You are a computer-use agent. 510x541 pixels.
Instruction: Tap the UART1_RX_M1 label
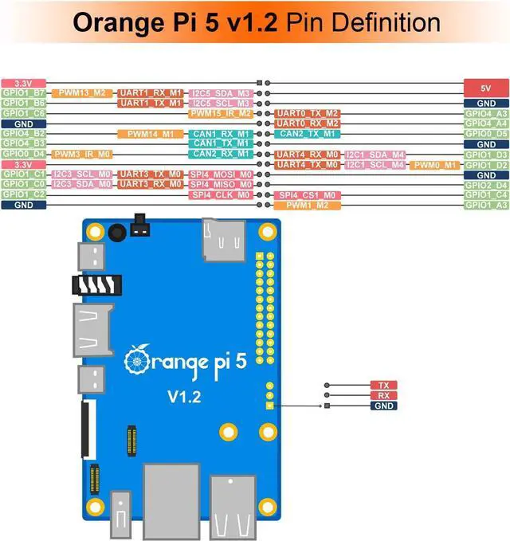[x=151, y=93]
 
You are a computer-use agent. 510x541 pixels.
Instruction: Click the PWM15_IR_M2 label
[x=221, y=114]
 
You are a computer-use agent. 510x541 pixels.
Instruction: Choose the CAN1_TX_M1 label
[x=221, y=143]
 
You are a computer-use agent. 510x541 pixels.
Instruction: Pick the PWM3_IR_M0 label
[x=83, y=154]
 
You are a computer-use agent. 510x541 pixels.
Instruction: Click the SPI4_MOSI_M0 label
[x=221, y=174]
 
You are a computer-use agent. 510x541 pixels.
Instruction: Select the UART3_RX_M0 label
[x=151, y=184]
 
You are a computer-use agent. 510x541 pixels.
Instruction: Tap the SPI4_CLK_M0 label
[x=221, y=194]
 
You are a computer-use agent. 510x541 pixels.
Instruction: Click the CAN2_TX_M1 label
[x=308, y=133]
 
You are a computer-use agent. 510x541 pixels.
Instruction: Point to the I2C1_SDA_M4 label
[x=375, y=154]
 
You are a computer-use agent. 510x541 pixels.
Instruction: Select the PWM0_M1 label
[x=435, y=165]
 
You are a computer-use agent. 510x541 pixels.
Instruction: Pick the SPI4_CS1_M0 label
[x=308, y=194]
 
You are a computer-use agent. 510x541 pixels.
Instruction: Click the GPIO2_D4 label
[x=485, y=185]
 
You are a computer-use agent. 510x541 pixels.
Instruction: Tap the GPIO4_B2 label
[x=23, y=134]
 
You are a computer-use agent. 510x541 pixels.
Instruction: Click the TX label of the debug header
[x=383, y=385]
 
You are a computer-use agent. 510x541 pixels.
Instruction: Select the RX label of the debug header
[x=383, y=395]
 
